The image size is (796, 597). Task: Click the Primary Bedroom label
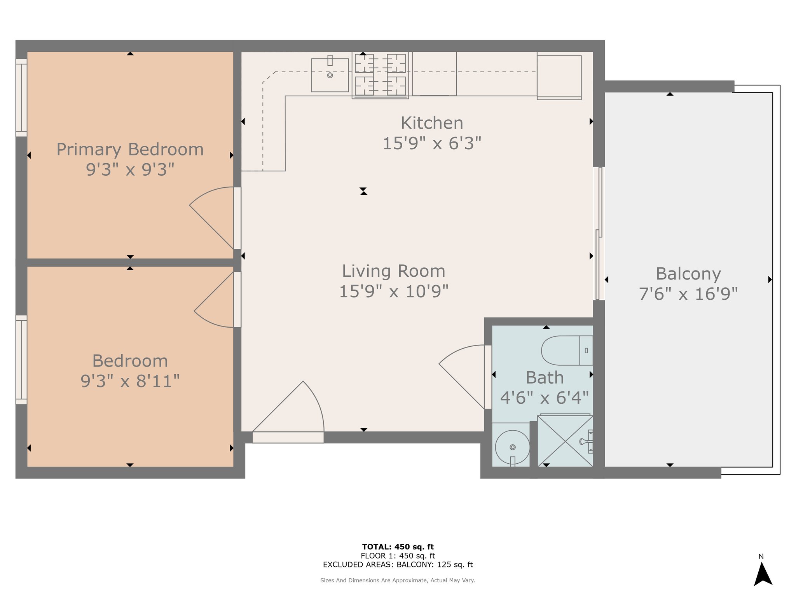[130, 150]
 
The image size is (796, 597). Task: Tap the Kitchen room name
[432, 123]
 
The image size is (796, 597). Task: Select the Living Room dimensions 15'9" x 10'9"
[394, 292]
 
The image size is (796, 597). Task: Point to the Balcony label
[688, 274]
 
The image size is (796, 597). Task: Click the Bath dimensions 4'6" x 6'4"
[545, 398]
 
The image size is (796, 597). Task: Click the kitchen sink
[330, 75]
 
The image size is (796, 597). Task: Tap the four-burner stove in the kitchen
[380, 75]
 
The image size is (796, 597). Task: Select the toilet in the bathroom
[567, 351]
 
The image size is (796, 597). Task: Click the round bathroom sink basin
[513, 447]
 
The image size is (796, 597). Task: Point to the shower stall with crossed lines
[566, 441]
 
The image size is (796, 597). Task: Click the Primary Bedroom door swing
[211, 218]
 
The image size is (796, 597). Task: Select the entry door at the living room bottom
[288, 412]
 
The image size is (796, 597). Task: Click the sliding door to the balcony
[599, 234]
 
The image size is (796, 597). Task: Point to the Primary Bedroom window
[21, 98]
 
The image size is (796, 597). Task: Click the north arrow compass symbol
[763, 574]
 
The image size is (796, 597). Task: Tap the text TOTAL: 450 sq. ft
[398, 547]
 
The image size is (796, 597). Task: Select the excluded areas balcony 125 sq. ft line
[398, 565]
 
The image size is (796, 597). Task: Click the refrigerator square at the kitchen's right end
[559, 77]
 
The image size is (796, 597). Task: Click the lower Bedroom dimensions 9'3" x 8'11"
[130, 381]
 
